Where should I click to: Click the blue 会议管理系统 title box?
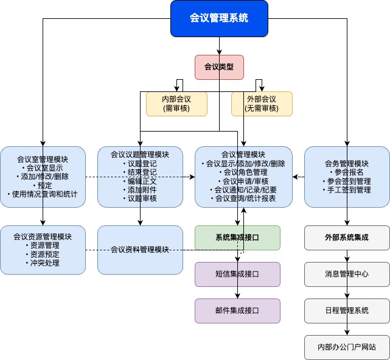219,18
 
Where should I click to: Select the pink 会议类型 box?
219,67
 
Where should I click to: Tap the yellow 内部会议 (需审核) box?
176,104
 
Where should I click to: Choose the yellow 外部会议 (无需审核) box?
262,104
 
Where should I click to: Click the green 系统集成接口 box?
237,238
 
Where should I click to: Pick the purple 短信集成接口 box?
237,274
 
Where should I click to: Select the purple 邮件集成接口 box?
237,311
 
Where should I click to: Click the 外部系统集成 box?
347,238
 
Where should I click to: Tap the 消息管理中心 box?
347,274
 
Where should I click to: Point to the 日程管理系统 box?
347,311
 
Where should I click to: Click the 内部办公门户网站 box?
347,347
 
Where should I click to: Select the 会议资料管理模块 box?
140,250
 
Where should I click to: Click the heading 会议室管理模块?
43,160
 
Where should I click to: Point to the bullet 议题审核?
140,199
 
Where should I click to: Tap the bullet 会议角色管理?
243,172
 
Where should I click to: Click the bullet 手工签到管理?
347,190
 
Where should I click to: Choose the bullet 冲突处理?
43,263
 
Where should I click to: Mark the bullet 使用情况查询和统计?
43,194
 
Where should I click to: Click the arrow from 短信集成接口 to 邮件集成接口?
237,292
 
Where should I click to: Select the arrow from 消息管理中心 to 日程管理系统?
347,292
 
